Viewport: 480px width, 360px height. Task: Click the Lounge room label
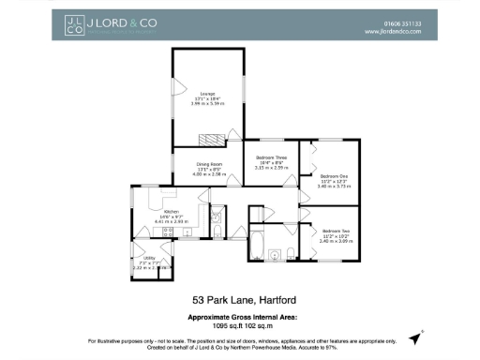point(207,93)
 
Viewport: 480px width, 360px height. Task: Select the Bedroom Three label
point(271,157)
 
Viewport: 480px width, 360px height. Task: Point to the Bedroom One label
point(333,176)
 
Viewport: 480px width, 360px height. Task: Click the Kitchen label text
point(172,212)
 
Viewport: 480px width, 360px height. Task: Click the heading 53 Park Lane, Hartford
point(240,301)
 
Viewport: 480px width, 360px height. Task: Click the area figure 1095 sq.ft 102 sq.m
point(239,325)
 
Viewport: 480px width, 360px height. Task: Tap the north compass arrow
point(423,332)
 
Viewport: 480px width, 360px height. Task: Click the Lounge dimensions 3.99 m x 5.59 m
point(207,103)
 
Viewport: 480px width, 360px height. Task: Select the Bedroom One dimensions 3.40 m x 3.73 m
point(333,187)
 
